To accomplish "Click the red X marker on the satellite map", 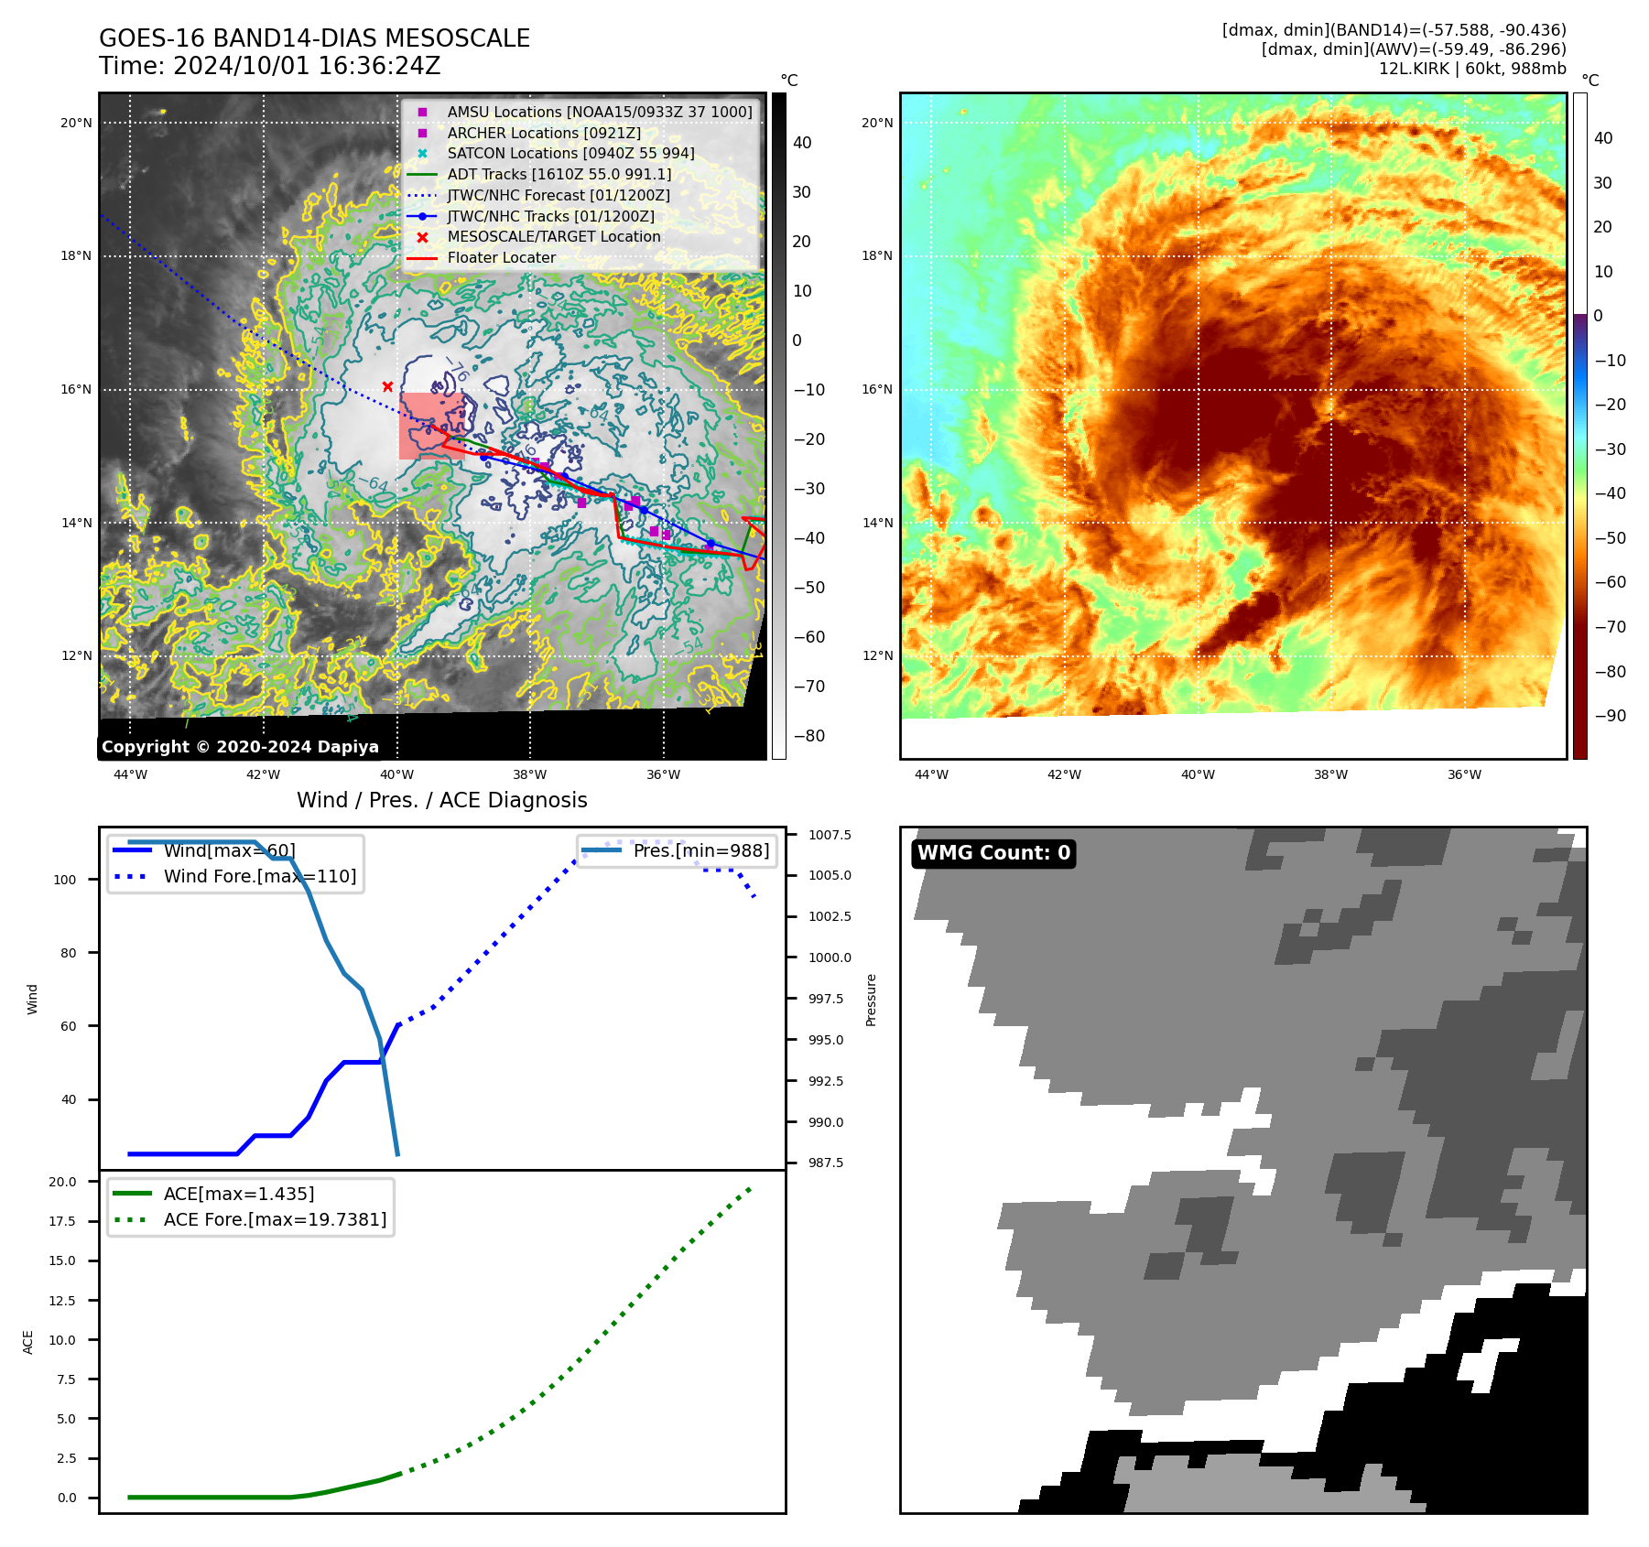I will pyautogui.click(x=387, y=386).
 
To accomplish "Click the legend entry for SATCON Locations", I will pyautogui.click(x=570, y=154).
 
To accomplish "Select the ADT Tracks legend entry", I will pyautogui.click(x=559, y=174).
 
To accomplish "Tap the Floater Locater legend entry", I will pyautogui.click(x=501, y=258).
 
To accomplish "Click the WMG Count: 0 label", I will pyautogui.click(x=993, y=853).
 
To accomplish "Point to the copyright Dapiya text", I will pyautogui.click(x=240, y=747).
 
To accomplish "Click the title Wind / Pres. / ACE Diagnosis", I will pyautogui.click(x=441, y=800).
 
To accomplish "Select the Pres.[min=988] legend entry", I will pyautogui.click(x=700, y=850).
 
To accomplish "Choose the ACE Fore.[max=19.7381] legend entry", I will pyautogui.click(x=275, y=1219).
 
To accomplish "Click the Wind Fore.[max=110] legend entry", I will pyautogui.click(x=259, y=876).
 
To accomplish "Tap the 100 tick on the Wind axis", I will pyautogui.click(x=65, y=880).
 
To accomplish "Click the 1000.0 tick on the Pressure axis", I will pyautogui.click(x=830, y=957).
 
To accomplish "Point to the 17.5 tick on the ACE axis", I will pyautogui.click(x=63, y=1221).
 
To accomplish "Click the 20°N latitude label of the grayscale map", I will pyautogui.click(x=77, y=123).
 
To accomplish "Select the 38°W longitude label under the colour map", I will pyautogui.click(x=1330, y=774).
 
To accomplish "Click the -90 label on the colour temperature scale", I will pyautogui.click(x=1610, y=716).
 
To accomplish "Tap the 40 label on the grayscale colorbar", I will pyautogui.click(x=802, y=143).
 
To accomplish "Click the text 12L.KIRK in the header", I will pyautogui.click(x=1416, y=69).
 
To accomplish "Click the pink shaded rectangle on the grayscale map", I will pyautogui.click(x=430, y=426).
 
